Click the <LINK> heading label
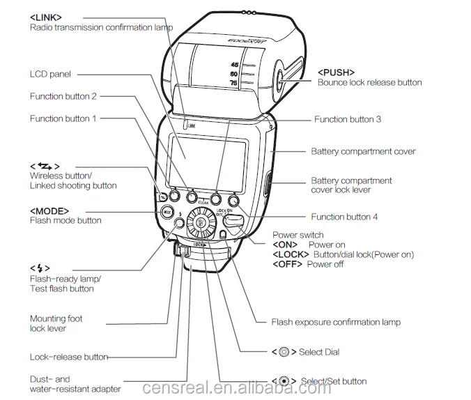click(x=45, y=16)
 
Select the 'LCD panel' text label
click(x=50, y=74)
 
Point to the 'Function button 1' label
click(x=63, y=118)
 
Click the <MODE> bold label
click(x=49, y=210)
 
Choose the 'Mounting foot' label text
click(x=56, y=318)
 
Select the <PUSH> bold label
click(x=336, y=72)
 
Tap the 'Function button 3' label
click(x=347, y=119)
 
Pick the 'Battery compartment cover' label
click(x=363, y=151)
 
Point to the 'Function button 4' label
click(x=344, y=217)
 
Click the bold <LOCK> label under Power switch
click(x=291, y=254)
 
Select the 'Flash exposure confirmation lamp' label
click(x=336, y=322)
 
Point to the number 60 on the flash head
click(x=234, y=73)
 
